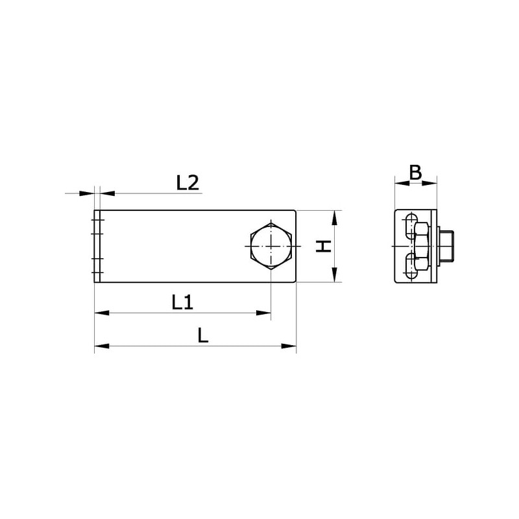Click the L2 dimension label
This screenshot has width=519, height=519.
pyautogui.click(x=187, y=183)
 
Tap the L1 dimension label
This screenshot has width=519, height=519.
pyautogui.click(x=182, y=302)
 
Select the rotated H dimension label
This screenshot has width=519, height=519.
pyautogui.click(x=323, y=247)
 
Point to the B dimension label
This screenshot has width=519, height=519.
pyautogui.click(x=416, y=172)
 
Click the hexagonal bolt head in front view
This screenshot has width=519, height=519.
pyautogui.click(x=271, y=247)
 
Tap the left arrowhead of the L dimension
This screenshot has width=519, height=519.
pyautogui.click(x=102, y=346)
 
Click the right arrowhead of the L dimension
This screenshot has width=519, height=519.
pyautogui.click(x=289, y=346)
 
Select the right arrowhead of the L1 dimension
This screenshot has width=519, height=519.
pyautogui.click(x=264, y=313)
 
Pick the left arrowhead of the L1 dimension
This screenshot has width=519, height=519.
pyautogui.click(x=102, y=313)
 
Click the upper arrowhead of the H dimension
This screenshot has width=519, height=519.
pyautogui.click(x=335, y=218)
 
